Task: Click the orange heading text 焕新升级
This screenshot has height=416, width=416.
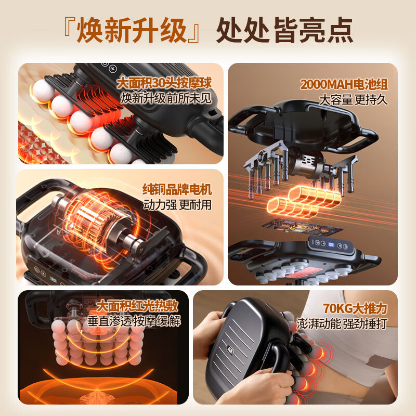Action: click(x=132, y=30)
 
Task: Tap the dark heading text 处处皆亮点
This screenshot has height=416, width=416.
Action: click(x=284, y=30)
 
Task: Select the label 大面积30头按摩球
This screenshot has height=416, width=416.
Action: click(x=164, y=83)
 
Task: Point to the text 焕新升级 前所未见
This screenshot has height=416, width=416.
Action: click(x=166, y=98)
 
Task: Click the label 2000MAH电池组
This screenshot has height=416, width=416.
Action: click(x=344, y=84)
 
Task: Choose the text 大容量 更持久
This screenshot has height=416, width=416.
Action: click(x=353, y=100)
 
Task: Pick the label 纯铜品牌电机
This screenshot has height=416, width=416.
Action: click(x=177, y=189)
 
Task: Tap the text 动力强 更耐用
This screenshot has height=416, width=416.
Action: click(x=177, y=204)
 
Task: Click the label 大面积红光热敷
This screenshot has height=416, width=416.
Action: click(x=137, y=306)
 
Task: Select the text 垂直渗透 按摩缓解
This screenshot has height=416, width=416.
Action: click(x=134, y=321)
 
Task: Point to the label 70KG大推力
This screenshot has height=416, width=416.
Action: click(x=355, y=308)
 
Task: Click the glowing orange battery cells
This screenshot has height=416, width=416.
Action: click(x=304, y=201)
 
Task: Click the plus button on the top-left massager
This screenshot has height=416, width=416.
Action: click(x=113, y=69)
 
